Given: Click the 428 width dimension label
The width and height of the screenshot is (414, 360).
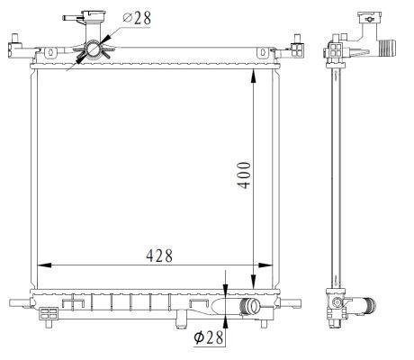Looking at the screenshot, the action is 159,256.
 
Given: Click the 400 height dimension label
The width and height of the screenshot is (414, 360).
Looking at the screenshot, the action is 244,175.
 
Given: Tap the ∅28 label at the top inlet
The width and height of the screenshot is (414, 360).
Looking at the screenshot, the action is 137,18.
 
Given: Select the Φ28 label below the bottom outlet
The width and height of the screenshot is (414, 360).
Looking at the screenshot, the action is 209,337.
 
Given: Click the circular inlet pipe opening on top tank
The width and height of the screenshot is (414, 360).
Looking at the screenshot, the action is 94,49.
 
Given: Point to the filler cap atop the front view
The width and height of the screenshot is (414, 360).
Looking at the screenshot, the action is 94,14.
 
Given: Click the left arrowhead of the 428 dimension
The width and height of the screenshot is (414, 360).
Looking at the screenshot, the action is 44,265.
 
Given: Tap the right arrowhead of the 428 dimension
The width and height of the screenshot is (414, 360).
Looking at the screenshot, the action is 265,265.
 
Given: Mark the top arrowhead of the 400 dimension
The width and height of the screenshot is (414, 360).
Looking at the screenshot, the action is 254,76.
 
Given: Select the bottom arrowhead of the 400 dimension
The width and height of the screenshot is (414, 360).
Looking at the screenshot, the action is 254,282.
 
